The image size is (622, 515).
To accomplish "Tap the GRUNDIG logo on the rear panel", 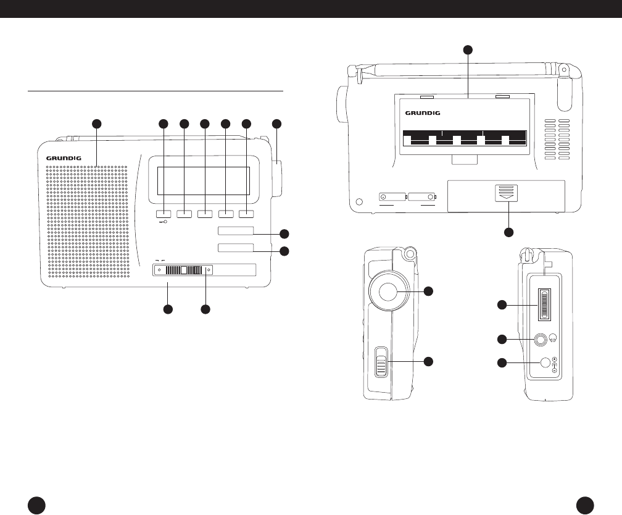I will coord(426,113).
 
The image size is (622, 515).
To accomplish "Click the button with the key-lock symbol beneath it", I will coord(164,214).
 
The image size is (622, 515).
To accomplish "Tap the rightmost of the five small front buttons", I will coord(247,214).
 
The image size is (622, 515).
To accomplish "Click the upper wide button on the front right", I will coord(236,231).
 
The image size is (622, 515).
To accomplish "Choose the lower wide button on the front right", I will coord(236,248).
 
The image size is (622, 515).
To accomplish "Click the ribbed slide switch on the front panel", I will coord(183,270).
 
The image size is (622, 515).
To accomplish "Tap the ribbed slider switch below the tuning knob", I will coord(381,361).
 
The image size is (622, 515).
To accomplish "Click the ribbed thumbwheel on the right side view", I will coord(544,305).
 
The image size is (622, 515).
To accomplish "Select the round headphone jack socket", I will coord(541,338).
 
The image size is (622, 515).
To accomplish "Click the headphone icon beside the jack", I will coord(554,338).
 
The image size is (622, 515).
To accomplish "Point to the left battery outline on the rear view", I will coord(393,197).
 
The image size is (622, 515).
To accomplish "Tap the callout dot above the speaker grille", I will coord(97,124).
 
